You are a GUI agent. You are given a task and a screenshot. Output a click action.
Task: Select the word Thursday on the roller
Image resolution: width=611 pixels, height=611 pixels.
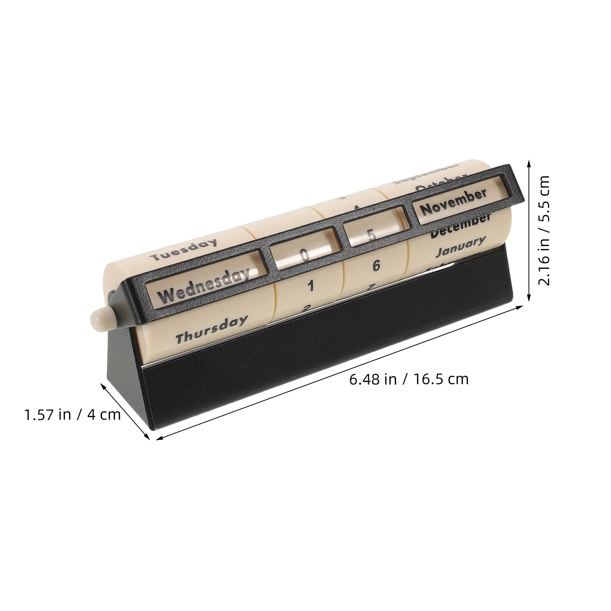tap(211, 330)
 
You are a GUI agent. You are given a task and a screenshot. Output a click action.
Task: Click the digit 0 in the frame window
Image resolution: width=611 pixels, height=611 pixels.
tap(304, 255)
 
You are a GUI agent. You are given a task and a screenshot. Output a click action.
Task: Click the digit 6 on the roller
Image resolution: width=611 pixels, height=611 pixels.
tap(376, 266)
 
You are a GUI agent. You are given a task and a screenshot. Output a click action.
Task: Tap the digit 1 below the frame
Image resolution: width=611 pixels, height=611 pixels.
tap(311, 286)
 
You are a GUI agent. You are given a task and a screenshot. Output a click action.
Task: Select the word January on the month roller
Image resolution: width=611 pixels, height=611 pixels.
tap(461, 246)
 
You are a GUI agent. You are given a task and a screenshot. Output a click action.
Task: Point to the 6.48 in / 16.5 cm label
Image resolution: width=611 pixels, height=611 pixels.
tap(409, 379)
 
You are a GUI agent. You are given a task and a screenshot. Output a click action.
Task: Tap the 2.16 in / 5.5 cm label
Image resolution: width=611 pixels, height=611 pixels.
tap(543, 231)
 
